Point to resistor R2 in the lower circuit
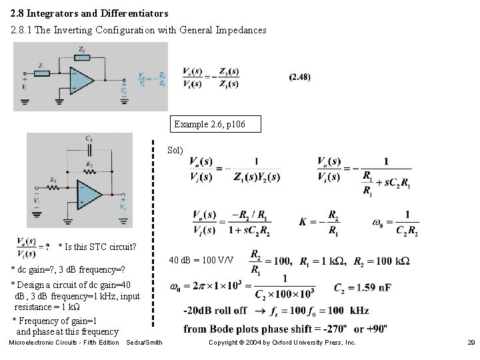[89, 167]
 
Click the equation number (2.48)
[299, 77]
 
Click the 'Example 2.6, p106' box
[213, 124]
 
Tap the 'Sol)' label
[175, 149]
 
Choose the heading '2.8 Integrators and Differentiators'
[89, 13]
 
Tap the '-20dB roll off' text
[215, 311]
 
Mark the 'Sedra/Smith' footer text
[144, 343]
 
